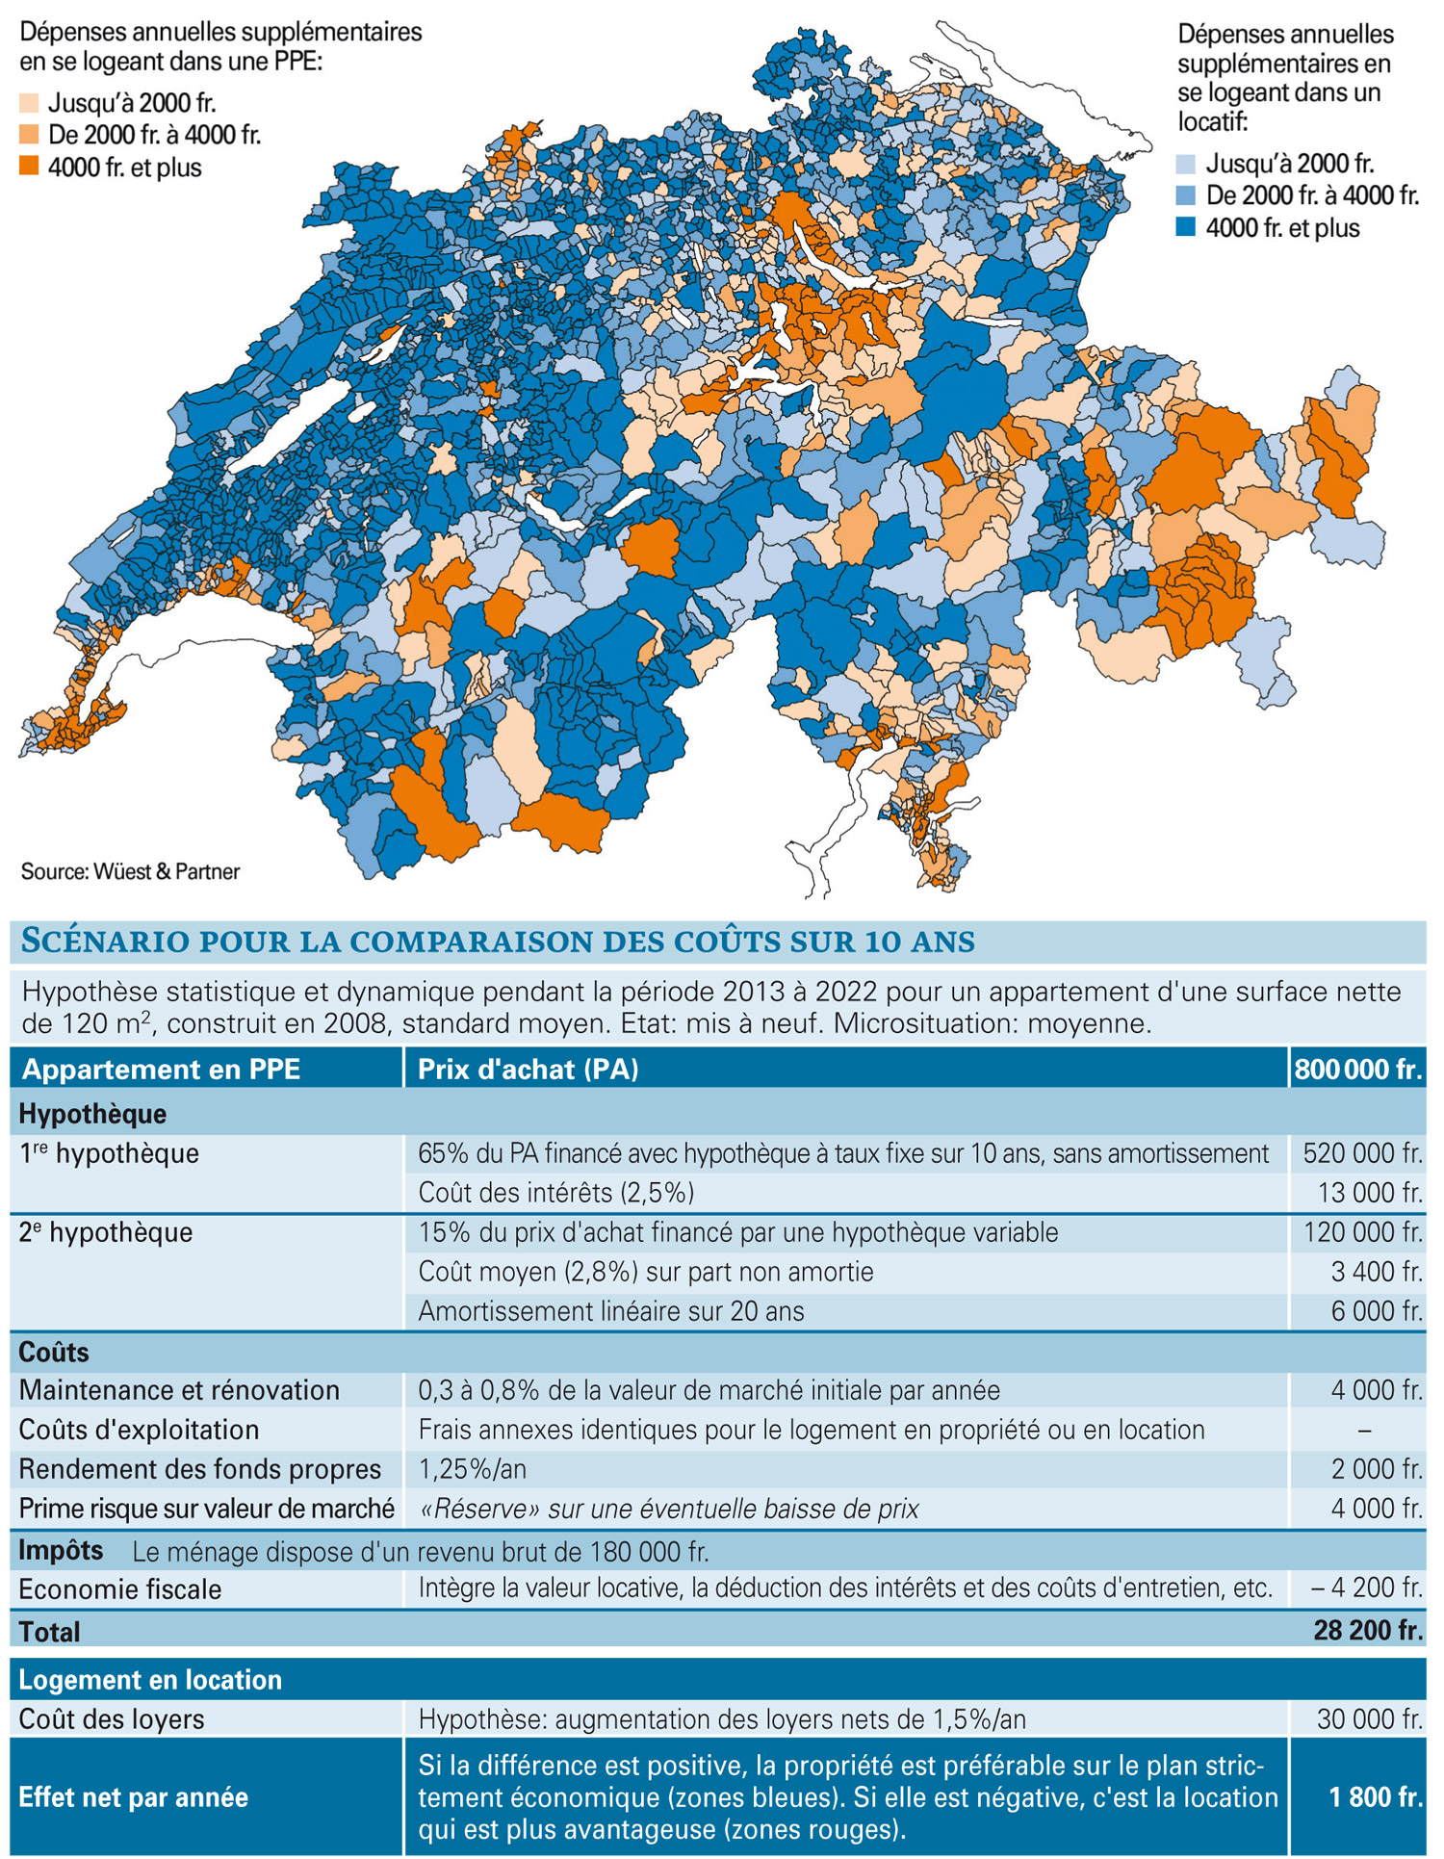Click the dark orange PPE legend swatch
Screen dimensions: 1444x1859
pos(29,167)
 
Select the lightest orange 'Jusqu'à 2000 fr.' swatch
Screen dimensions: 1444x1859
pos(29,103)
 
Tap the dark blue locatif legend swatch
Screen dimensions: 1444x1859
pos(1187,227)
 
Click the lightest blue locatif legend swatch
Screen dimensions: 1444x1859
pos(1187,164)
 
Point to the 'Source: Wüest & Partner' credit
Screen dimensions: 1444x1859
pos(130,871)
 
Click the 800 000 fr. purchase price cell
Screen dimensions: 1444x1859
pos(1358,1070)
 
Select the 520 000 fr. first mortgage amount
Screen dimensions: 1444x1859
pos(1362,1153)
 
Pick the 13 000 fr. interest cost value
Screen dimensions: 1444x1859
pos(1370,1193)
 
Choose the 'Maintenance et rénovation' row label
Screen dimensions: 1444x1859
pos(179,1390)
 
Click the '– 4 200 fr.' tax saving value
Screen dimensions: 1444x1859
pos(1367,1588)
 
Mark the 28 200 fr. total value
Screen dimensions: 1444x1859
pos(1368,1630)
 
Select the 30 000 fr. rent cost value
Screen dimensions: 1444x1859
pos(1370,1719)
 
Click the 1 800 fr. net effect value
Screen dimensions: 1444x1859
pos(1376,1796)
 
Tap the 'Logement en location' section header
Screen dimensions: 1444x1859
pos(150,1680)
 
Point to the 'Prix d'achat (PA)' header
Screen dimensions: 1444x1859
pos(529,1070)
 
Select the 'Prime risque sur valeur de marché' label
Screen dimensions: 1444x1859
pos(207,1509)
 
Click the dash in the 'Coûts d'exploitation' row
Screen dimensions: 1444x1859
pos(1364,1431)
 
